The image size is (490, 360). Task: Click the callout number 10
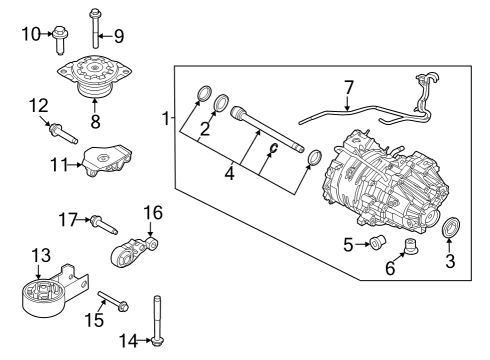click(30, 35)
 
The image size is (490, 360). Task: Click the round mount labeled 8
click(93, 78)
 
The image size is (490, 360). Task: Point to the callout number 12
click(39, 105)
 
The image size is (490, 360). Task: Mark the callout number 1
click(166, 120)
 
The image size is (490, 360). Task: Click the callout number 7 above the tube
click(348, 88)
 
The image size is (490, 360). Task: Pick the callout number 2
click(203, 127)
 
